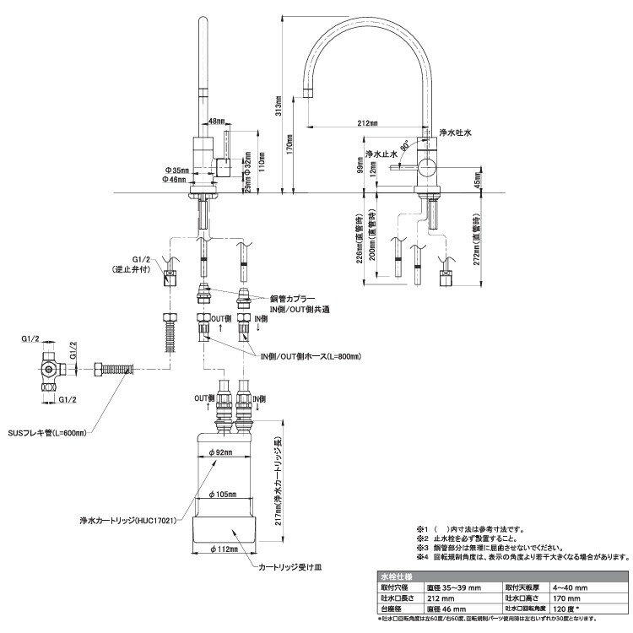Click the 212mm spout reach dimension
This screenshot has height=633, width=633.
point(368,124)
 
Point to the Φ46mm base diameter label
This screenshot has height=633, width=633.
point(176,180)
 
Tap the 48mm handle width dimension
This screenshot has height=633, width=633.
point(217,121)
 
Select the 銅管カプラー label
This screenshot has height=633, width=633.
point(294,300)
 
